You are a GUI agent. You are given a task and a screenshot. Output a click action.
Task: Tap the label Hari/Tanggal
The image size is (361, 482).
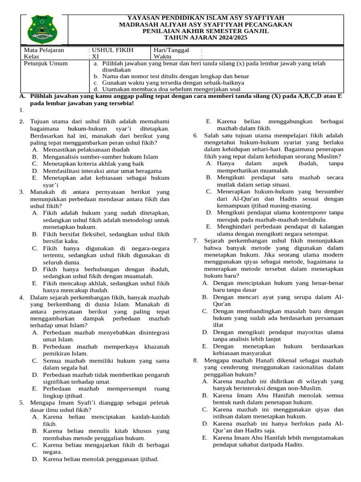click(172, 50)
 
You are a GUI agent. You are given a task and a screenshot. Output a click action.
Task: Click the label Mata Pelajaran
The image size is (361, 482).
click(44, 50)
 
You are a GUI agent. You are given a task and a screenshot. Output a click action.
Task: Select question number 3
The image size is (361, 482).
click(22, 192)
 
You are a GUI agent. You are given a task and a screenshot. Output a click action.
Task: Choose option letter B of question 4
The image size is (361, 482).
click(35, 347)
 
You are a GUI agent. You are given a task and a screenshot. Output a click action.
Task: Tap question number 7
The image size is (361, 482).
click(196, 241)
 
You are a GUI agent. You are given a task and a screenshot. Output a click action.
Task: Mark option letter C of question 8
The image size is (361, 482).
click(205, 410)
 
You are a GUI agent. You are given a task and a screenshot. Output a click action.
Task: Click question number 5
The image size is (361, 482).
click(22, 403)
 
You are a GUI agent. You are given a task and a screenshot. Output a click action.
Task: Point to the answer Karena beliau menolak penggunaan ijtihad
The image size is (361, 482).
click(101, 459)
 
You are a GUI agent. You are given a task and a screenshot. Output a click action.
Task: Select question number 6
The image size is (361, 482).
click(196, 136)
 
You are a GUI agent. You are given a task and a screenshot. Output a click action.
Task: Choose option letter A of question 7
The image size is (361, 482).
click(205, 283)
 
